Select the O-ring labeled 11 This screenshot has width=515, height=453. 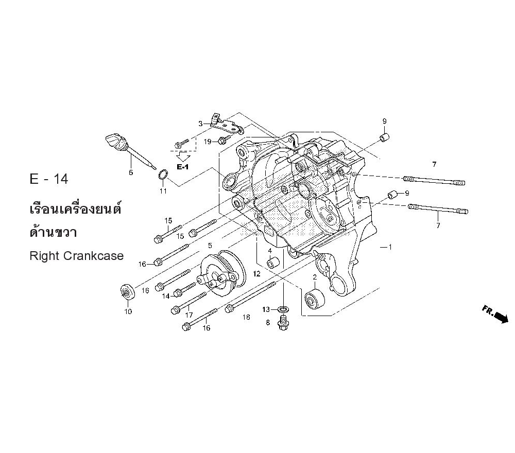[163, 175]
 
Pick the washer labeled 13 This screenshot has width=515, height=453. [283, 309]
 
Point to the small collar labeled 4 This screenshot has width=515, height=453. [273, 263]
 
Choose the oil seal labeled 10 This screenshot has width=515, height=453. [127, 291]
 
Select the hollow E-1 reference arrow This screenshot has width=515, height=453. [183, 155]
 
